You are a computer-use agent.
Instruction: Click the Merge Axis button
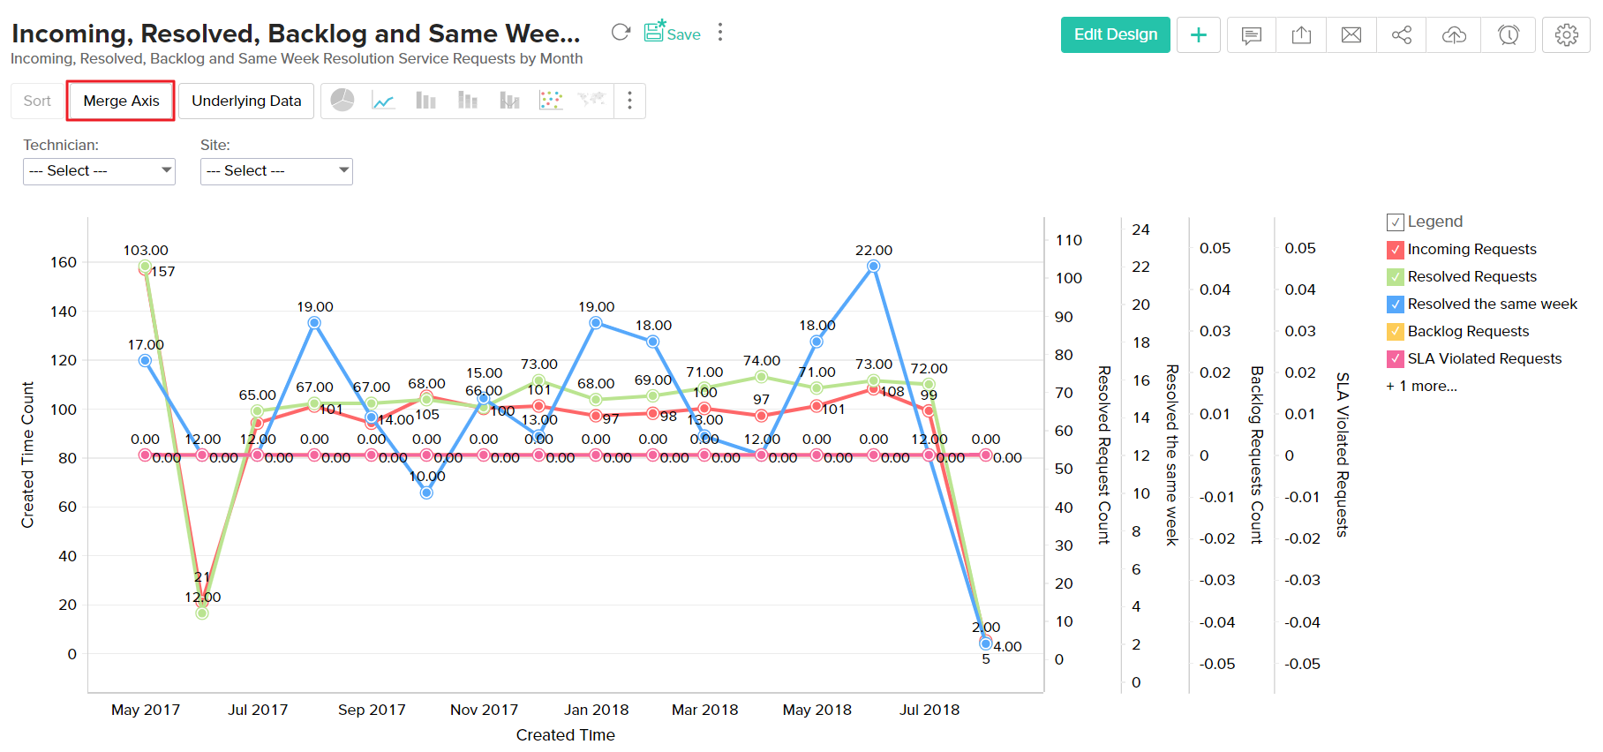point(121,101)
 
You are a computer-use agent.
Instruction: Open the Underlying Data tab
point(246,101)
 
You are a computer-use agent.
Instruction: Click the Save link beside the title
point(673,34)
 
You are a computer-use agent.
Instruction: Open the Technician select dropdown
point(99,170)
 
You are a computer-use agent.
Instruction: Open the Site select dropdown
point(276,170)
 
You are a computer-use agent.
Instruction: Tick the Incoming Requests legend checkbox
point(1396,250)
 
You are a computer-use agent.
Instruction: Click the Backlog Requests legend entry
point(1468,331)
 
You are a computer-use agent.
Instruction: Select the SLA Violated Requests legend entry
point(1484,358)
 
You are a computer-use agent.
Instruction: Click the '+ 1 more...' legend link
point(1421,386)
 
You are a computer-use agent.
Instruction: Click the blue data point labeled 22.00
point(873,266)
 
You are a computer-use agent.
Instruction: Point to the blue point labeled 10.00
point(426,493)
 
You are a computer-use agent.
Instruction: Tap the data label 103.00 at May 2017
point(146,251)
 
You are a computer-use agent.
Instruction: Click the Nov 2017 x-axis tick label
point(484,710)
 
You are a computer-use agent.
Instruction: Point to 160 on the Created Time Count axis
point(64,262)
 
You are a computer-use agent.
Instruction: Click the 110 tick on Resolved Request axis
point(1068,240)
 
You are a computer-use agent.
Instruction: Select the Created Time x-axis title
point(565,734)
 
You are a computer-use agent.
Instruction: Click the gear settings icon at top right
point(1566,34)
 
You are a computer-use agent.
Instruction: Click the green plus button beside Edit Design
point(1198,34)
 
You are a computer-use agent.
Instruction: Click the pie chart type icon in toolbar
point(342,101)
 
